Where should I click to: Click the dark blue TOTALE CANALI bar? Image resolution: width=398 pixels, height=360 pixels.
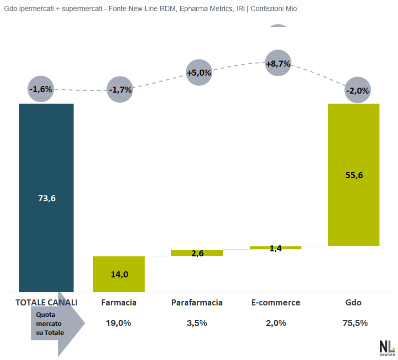tap(46, 150)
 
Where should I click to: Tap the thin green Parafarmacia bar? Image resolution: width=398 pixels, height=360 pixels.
tap(197, 253)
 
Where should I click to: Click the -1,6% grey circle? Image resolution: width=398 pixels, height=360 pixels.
tap(41, 89)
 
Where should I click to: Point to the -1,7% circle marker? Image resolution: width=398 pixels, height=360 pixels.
tap(120, 90)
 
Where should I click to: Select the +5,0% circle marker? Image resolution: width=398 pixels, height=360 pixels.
tap(199, 73)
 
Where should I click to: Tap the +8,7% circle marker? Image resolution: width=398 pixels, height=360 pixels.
tap(278, 64)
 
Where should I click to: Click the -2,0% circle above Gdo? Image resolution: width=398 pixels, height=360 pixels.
tap(357, 91)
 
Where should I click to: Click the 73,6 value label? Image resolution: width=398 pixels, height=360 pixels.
tap(47, 198)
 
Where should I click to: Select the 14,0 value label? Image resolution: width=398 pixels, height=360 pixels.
tap(119, 274)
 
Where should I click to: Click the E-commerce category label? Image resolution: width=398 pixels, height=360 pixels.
tap(276, 302)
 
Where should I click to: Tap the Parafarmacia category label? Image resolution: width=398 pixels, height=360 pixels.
tap(197, 302)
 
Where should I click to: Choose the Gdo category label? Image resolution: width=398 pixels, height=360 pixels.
tap(353, 302)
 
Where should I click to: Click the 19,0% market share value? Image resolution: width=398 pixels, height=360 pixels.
tap(119, 323)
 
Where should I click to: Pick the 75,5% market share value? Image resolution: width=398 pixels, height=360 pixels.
tap(355, 323)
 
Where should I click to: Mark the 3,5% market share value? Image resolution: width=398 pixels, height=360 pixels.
tap(197, 323)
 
